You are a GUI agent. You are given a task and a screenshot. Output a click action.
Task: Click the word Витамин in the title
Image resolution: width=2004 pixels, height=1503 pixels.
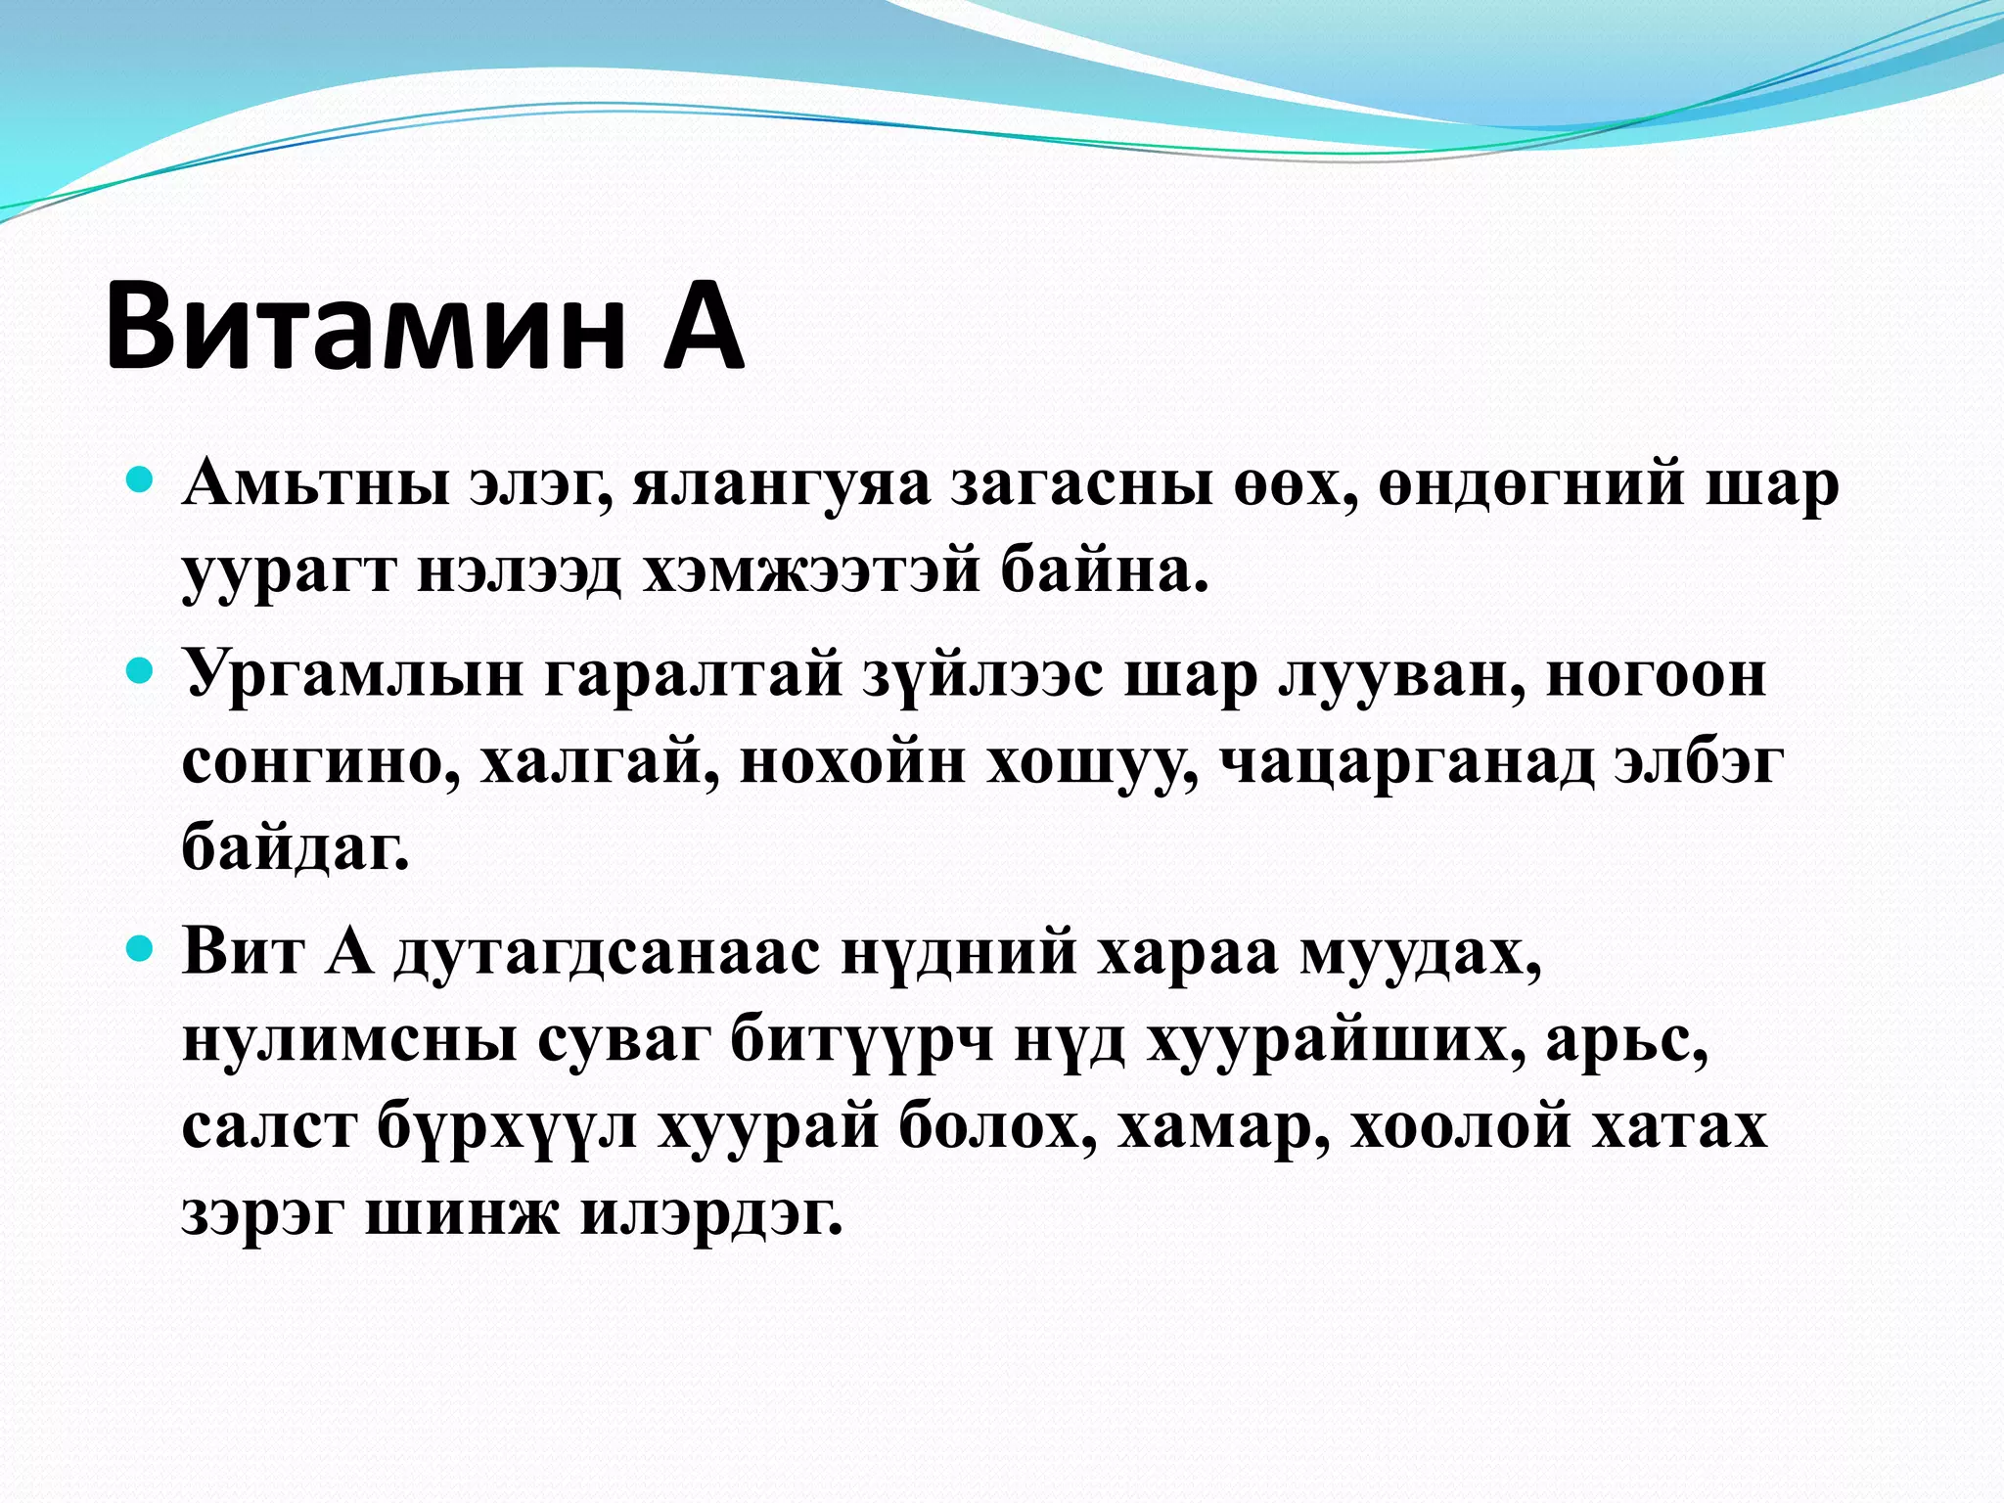364,326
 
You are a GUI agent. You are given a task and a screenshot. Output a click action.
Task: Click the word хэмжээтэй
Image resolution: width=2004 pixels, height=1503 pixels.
811,571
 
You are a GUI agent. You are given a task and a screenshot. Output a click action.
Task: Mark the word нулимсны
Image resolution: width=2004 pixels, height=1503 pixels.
349,1039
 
